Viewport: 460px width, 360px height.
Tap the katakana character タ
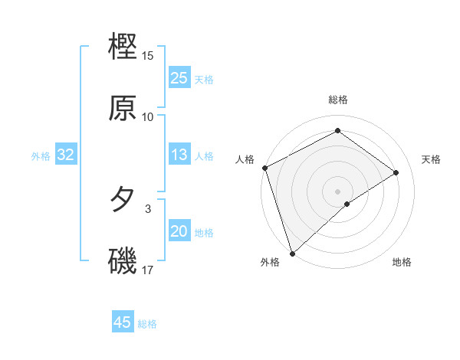point(123,200)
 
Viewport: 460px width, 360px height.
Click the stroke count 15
point(148,56)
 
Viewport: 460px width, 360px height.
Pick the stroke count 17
point(148,270)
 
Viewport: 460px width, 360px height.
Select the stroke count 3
point(148,208)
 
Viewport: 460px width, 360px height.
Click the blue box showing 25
point(179,78)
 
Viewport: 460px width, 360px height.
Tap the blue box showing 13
point(179,155)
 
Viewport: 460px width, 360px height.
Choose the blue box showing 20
point(179,232)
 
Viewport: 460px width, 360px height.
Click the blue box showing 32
point(66,155)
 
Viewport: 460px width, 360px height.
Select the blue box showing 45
point(123,322)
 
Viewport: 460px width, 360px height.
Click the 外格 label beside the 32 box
point(41,156)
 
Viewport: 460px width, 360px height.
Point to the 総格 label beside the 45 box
point(147,324)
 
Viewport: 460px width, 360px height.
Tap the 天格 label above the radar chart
point(431,159)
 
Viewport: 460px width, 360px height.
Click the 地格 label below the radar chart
point(402,263)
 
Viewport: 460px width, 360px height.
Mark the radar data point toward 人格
point(264,168)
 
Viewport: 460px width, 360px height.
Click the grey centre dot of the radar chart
point(337,191)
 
